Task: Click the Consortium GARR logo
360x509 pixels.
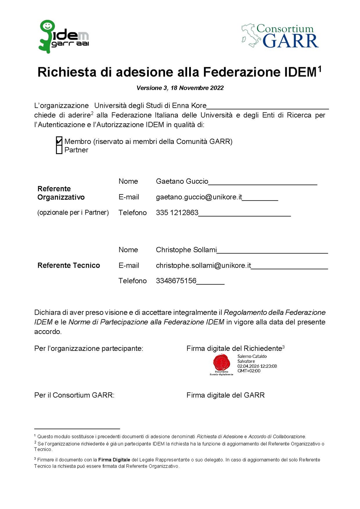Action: [280, 36]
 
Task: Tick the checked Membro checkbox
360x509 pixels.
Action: [59, 141]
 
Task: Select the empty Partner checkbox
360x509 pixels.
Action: [59, 150]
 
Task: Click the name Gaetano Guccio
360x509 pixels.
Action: [182, 181]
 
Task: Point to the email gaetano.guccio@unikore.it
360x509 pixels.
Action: [199, 197]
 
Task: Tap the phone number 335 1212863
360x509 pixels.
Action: [177, 212]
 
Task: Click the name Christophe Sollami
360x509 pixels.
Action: [186, 250]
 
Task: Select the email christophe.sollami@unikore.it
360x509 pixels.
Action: [203, 265]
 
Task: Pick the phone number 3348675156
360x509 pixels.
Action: [176, 281]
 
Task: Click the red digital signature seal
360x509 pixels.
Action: [222, 362]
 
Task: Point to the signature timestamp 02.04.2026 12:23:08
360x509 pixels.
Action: [257, 366]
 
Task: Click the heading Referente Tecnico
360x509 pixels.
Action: [69, 265]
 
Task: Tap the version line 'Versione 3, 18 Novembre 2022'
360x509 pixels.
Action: [180, 88]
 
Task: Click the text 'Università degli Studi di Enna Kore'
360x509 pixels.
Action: [150, 106]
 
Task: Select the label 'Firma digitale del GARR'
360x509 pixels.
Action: [225, 395]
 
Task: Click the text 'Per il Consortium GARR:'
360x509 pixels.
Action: [74, 395]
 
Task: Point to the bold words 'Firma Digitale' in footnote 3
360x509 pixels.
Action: [114, 460]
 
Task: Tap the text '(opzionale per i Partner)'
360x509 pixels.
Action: [73, 212]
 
